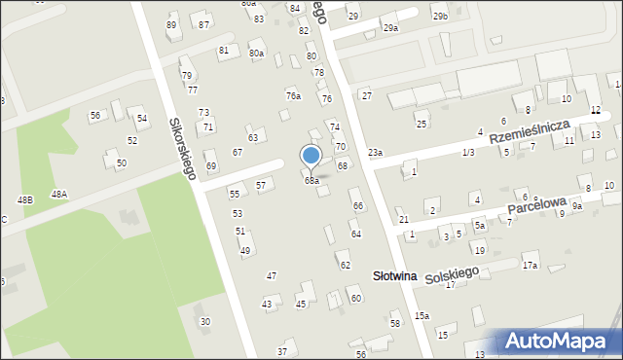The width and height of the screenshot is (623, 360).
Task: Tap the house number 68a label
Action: pyautogui.click(x=311, y=181)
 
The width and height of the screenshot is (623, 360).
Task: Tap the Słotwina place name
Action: pyautogui.click(x=395, y=276)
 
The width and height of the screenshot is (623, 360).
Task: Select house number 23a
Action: pyautogui.click(x=375, y=153)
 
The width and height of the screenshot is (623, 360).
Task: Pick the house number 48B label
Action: pyautogui.click(x=24, y=199)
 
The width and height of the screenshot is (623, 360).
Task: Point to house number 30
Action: pyautogui.click(x=204, y=321)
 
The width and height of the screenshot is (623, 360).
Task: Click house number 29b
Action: pyautogui.click(x=441, y=17)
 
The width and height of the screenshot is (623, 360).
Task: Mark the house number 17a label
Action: pyautogui.click(x=530, y=266)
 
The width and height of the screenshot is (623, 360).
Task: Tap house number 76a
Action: pyautogui.click(x=293, y=96)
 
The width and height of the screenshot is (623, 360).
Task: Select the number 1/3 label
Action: pyautogui.click(x=468, y=153)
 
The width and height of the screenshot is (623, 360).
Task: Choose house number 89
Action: pyautogui.click(x=172, y=24)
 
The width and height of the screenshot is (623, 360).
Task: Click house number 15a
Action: pyautogui.click(x=421, y=315)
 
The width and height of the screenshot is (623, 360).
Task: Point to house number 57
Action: pyautogui.click(x=261, y=185)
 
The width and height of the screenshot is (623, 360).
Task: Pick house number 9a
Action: pyautogui.click(x=576, y=206)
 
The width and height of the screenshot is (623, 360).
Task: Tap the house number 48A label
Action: pyautogui.click(x=59, y=195)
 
